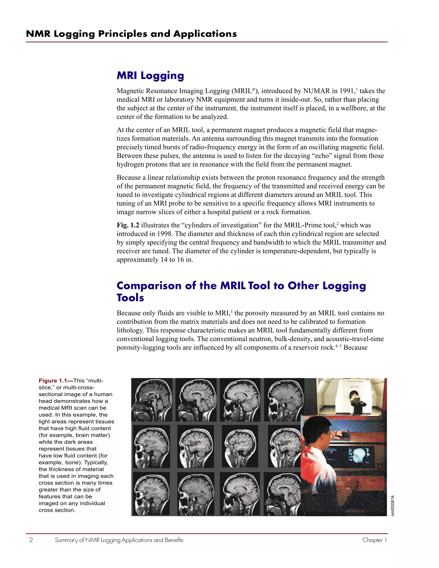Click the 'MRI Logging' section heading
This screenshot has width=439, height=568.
tap(150, 75)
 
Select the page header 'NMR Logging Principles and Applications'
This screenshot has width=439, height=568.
tap(131, 34)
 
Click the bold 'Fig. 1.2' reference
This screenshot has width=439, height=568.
tap(128, 225)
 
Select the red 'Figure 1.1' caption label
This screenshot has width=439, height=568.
tap(53, 381)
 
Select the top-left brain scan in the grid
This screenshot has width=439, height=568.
tap(152, 400)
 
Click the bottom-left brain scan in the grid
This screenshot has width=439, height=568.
tap(151, 494)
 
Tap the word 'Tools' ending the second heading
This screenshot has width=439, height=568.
tap(130, 298)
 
